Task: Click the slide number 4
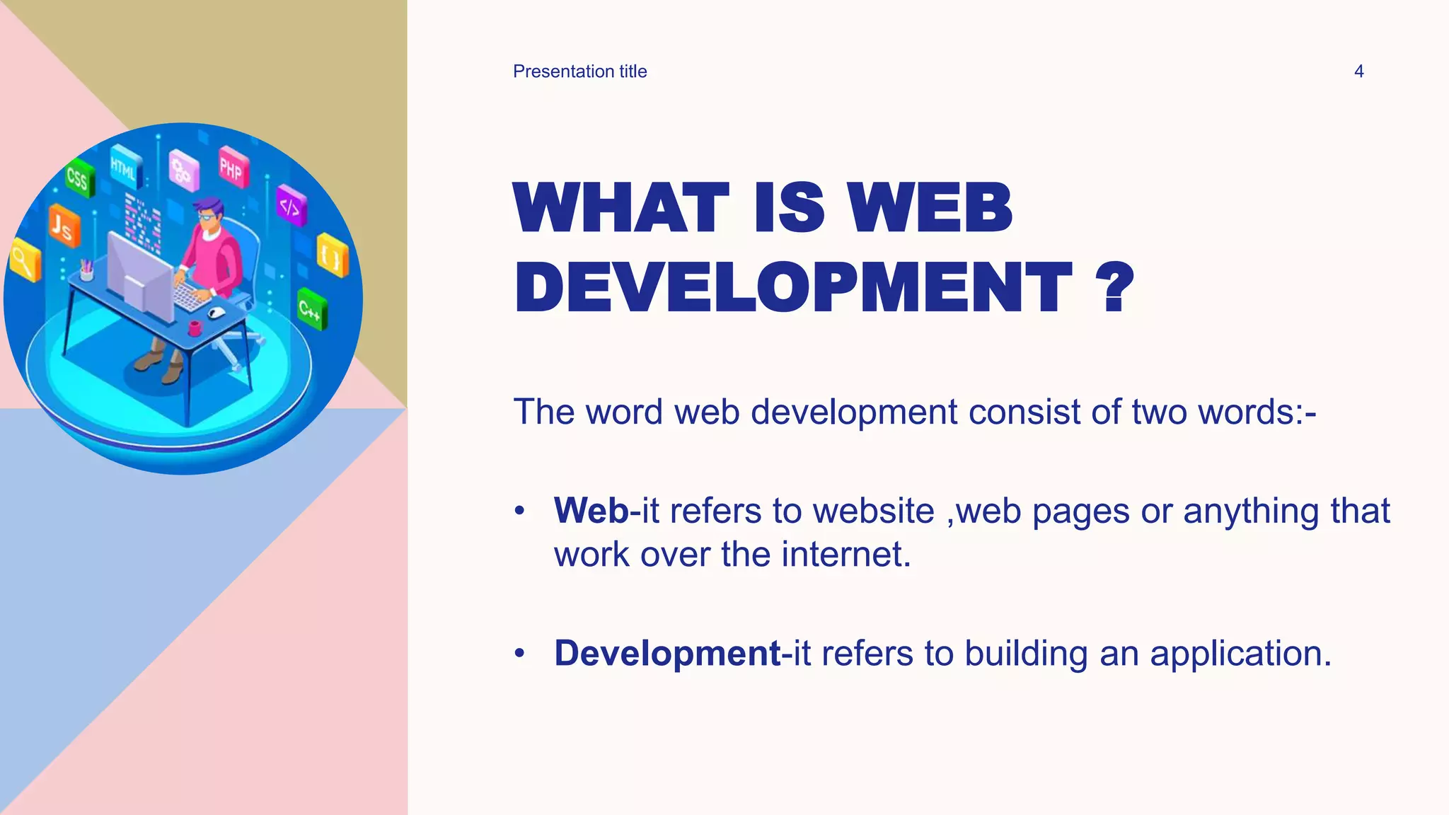[1358, 71]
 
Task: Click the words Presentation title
[579, 71]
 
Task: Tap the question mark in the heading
[1114, 287]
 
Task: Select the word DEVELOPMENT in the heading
[792, 287]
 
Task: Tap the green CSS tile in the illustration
[78, 178]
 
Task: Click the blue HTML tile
[125, 168]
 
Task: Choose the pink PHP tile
[232, 168]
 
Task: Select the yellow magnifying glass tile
[24, 260]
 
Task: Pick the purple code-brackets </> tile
[291, 206]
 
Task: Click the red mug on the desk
[195, 328]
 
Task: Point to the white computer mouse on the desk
[217, 312]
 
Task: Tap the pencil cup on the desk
[86, 270]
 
